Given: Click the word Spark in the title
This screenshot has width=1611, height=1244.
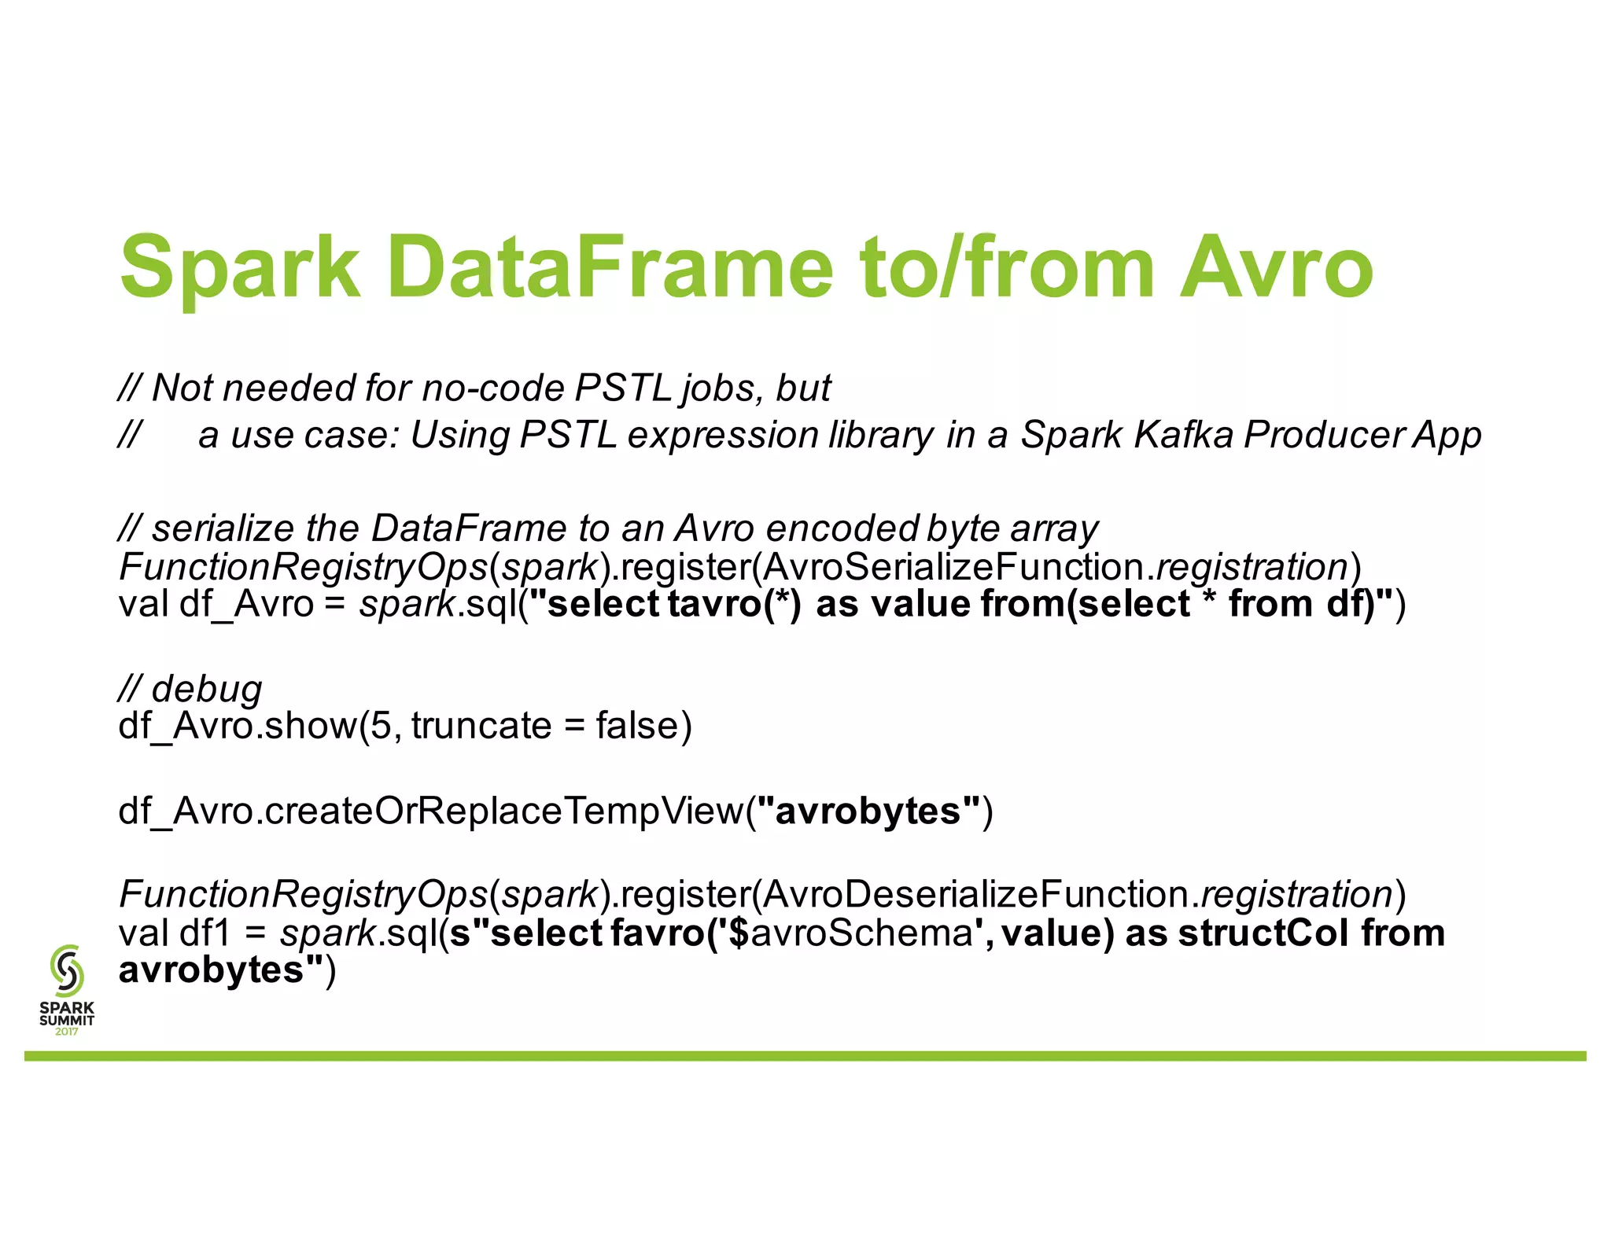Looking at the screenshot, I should pyautogui.click(x=240, y=267).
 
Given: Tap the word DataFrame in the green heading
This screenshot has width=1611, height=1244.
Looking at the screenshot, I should pyautogui.click(x=610, y=267).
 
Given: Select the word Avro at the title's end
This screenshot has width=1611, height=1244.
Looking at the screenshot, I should pyautogui.click(x=1276, y=267).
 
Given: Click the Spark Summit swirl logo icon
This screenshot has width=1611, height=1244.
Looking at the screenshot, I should pyautogui.click(x=67, y=970).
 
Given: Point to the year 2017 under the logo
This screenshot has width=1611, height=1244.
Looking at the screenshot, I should pyautogui.click(x=67, y=1032).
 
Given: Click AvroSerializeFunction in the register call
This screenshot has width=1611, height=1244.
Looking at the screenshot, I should pyautogui.click(x=953, y=566).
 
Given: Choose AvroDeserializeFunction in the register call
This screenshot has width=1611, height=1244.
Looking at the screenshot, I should pyautogui.click(x=975, y=894).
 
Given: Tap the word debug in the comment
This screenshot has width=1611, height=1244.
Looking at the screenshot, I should pyautogui.click(x=207, y=689).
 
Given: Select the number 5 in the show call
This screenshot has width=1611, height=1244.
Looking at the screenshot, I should pyautogui.click(x=381, y=725).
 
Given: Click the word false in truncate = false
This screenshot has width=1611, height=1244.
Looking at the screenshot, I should pyautogui.click(x=636, y=725).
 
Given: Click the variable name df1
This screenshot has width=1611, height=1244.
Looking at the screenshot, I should pyautogui.click(x=205, y=933).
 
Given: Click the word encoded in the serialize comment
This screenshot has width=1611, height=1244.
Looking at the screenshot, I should pyautogui.click(x=842, y=528).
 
